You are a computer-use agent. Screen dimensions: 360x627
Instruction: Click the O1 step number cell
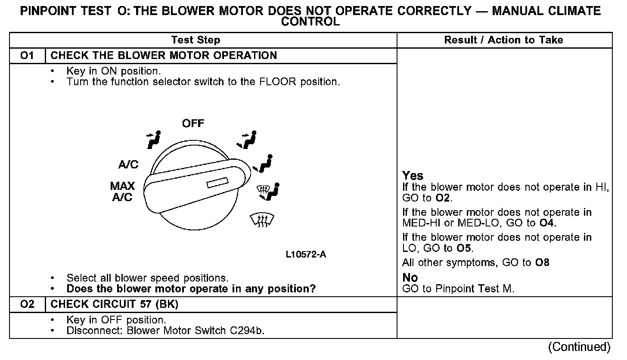[x=27, y=56]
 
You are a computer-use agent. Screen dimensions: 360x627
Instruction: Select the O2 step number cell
[x=27, y=304]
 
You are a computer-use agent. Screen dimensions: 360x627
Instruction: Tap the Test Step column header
[x=196, y=40]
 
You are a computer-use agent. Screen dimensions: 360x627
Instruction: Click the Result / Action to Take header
[x=503, y=40]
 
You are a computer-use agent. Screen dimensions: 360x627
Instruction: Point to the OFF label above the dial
[x=193, y=124]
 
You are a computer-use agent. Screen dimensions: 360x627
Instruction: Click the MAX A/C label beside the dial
[x=122, y=192]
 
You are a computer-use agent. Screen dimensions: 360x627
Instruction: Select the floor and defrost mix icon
[x=268, y=191]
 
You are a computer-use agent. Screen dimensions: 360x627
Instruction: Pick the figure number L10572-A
[x=306, y=254]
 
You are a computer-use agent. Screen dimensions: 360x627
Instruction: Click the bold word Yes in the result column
[x=413, y=176]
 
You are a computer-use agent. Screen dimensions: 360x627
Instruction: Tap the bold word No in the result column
[x=410, y=278]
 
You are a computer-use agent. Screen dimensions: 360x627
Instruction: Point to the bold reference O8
[x=542, y=263]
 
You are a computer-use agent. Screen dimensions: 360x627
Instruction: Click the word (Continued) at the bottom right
[x=579, y=347]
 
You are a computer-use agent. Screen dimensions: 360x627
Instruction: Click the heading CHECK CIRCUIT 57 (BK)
[x=115, y=304]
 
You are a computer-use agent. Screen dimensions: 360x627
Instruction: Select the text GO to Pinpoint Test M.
[x=458, y=289]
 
